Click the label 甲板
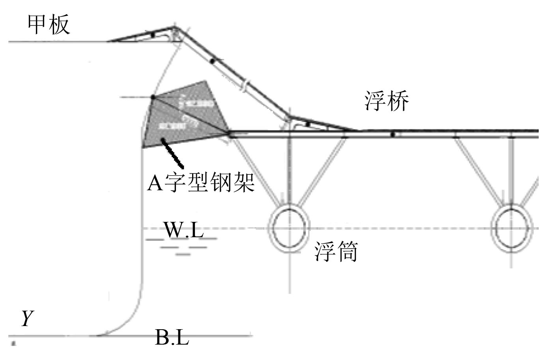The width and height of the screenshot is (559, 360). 49,24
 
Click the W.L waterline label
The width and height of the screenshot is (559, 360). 183,230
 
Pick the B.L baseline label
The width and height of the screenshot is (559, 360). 172,337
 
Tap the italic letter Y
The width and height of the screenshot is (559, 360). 27,318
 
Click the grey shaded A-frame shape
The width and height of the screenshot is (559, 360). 181,118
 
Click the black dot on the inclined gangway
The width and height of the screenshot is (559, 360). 212,61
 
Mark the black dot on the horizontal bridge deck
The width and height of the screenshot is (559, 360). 393,135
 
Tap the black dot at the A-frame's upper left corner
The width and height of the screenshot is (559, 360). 153,97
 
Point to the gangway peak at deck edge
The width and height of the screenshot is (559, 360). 175,28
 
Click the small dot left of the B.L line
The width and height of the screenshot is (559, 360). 13,343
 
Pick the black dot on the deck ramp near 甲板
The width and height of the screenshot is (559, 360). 153,35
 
